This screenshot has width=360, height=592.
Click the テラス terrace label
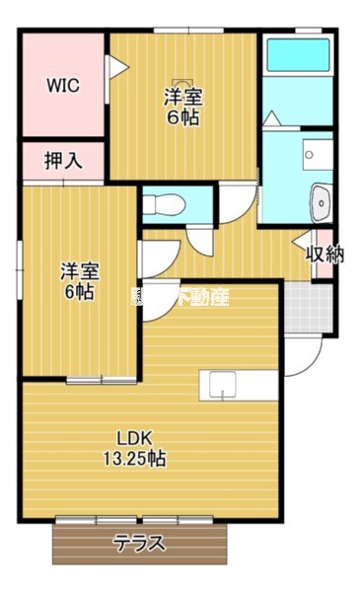[139, 544]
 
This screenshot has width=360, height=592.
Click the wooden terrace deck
[139, 544]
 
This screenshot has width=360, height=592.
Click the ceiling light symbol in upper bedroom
[180, 84]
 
